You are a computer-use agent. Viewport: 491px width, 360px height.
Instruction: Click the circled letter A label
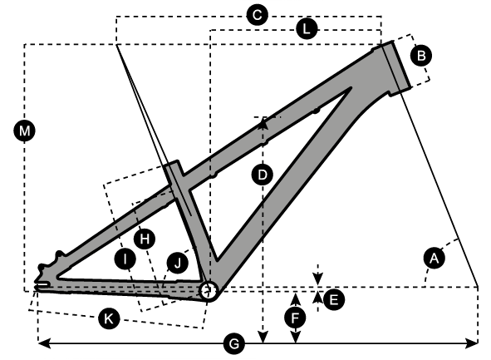click(x=434, y=259)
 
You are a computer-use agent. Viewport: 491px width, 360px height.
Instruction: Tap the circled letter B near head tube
click(x=421, y=56)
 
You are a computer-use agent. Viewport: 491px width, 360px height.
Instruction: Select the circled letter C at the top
click(x=257, y=15)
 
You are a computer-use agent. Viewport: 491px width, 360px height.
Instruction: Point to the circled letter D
click(x=263, y=175)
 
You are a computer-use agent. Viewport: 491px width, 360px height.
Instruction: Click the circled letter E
click(x=334, y=300)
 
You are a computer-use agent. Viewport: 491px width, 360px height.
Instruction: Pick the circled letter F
click(x=295, y=318)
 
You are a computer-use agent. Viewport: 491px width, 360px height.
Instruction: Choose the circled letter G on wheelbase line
click(x=234, y=344)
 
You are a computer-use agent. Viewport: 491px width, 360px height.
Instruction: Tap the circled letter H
click(x=145, y=239)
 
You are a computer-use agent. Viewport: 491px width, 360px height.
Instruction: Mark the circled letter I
click(x=125, y=259)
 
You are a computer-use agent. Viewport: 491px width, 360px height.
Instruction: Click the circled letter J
click(x=178, y=263)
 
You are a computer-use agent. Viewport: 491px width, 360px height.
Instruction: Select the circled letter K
click(x=109, y=318)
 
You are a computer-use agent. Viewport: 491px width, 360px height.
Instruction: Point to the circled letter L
click(x=307, y=29)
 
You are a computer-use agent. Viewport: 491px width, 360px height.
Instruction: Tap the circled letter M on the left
click(x=24, y=131)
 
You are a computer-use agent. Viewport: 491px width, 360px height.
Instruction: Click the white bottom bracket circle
click(x=209, y=291)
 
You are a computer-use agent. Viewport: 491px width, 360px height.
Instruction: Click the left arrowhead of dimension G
click(x=44, y=343)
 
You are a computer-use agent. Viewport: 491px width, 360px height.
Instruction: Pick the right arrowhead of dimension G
click(x=472, y=343)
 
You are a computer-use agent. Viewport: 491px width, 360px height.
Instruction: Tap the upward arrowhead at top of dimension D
click(x=263, y=123)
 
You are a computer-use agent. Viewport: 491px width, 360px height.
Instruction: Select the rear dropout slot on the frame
click(x=42, y=284)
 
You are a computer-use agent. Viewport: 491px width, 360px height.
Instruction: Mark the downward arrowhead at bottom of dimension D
click(x=263, y=338)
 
